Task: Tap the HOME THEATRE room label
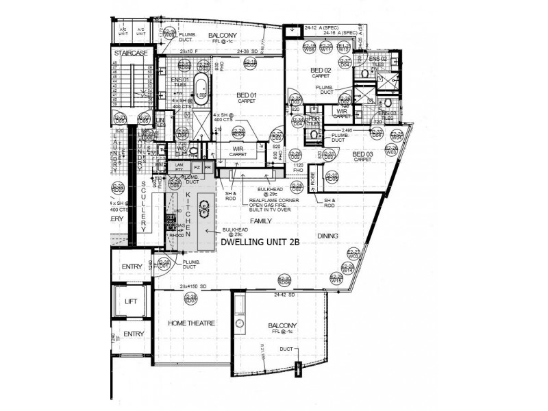click(192, 323)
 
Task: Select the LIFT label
click(132, 301)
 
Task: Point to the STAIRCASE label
click(132, 53)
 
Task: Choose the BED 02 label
click(321, 71)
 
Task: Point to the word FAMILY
click(260, 221)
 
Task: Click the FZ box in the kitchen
click(197, 166)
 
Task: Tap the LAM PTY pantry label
click(179, 166)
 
